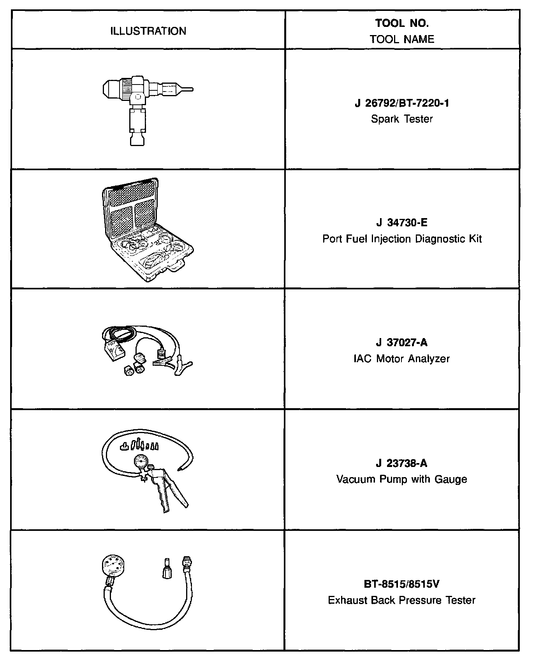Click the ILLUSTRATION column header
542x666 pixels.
148,31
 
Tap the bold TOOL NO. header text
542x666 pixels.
402,23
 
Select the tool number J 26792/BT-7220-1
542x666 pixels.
402,103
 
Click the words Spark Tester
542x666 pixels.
402,119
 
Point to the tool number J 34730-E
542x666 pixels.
402,223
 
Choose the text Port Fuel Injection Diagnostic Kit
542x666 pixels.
402,238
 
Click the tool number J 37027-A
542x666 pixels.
402,343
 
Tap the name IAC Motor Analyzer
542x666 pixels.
402,358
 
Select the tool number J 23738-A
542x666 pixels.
402,463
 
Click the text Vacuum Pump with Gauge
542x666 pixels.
402,479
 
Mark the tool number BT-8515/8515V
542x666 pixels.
402,584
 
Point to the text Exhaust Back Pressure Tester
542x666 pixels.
402,600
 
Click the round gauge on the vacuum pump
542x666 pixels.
141,462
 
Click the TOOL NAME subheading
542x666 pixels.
402,39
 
